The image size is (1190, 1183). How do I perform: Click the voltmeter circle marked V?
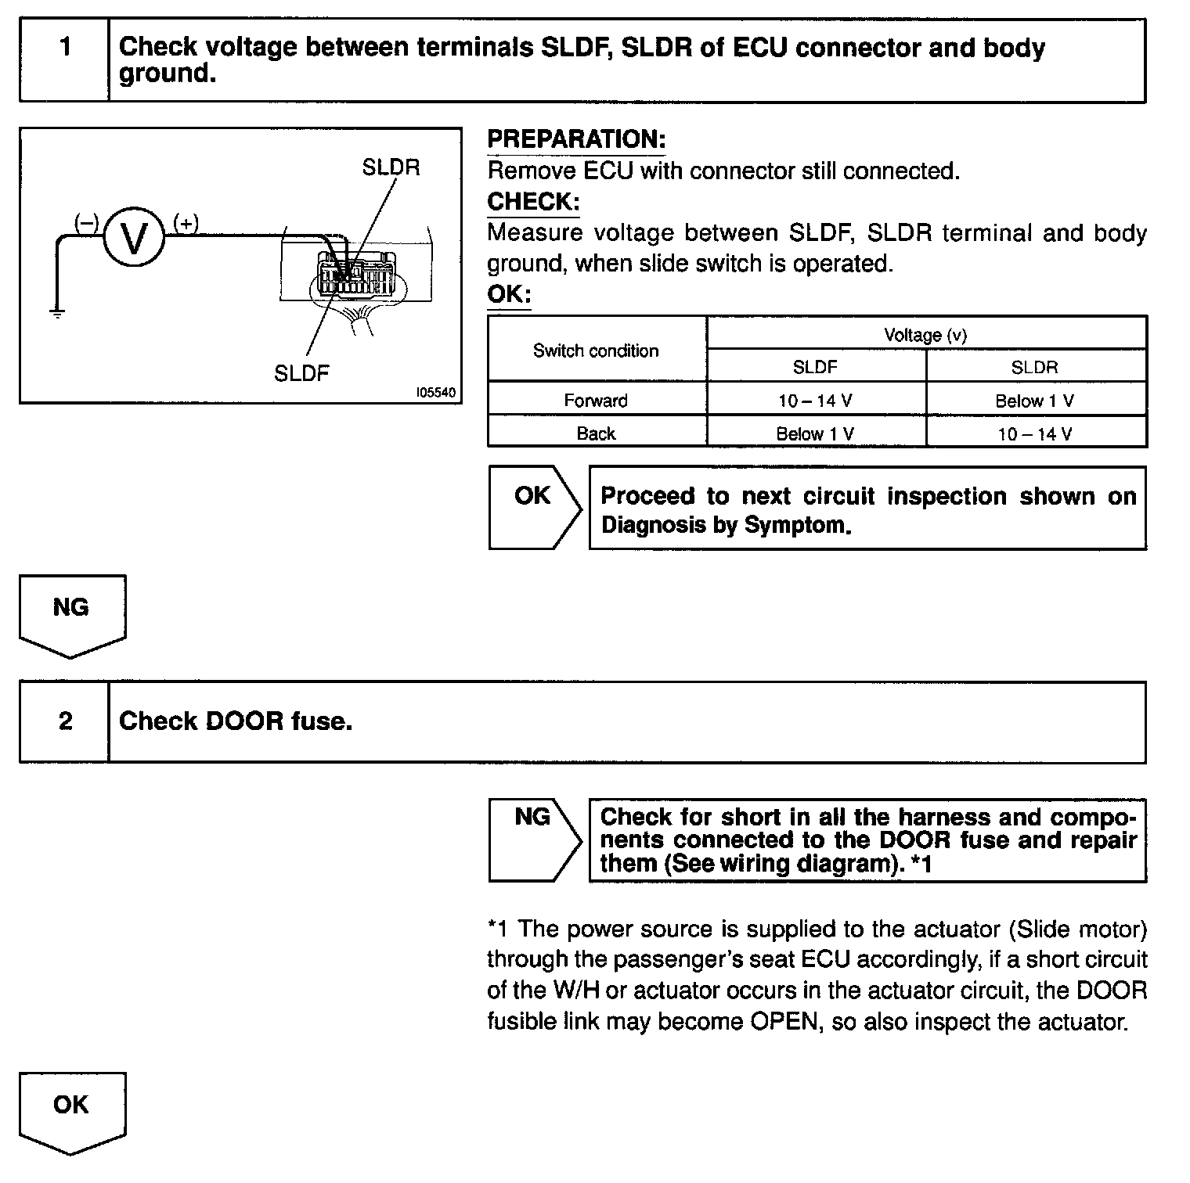pos(134,238)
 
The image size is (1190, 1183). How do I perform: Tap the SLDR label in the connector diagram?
pos(391,167)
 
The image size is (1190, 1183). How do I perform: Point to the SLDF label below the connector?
pos(301,373)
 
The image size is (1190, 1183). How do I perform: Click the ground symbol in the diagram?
pos(57,312)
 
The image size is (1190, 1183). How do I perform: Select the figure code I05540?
pos(435,393)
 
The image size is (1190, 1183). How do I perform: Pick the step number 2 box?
pos(65,721)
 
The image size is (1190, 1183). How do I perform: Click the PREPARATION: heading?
pos(576,139)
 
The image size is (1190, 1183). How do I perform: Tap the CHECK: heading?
pos(533,202)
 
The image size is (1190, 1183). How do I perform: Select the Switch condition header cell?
pos(596,351)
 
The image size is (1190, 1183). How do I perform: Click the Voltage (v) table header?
pos(925,335)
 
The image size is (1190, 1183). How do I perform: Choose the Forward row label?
pos(596,401)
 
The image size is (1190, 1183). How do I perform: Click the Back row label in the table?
pos(596,433)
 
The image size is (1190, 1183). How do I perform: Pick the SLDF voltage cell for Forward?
pos(815,401)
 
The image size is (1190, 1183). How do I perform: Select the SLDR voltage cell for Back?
pos(1035,433)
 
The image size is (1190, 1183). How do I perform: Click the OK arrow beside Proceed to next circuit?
pos(534,506)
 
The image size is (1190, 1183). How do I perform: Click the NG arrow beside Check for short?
pos(534,839)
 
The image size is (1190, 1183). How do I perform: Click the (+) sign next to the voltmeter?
pos(186,224)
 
